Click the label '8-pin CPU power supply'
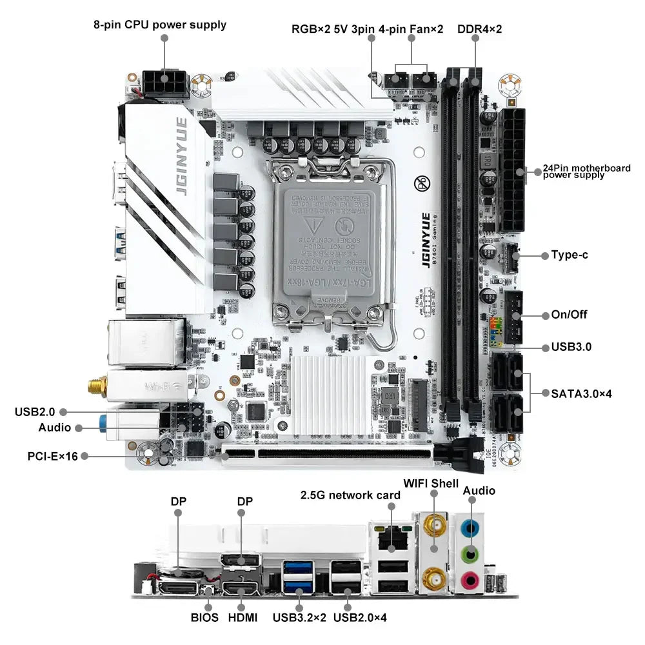160,25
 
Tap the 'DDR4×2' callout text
479,29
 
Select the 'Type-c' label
569,255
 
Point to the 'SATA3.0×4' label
581,392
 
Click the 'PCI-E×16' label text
52,456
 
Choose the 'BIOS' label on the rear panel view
204,617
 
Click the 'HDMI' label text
243,617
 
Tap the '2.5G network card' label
351,495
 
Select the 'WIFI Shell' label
431,483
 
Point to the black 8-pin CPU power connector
165,81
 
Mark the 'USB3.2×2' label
299,617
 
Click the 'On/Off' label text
569,315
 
